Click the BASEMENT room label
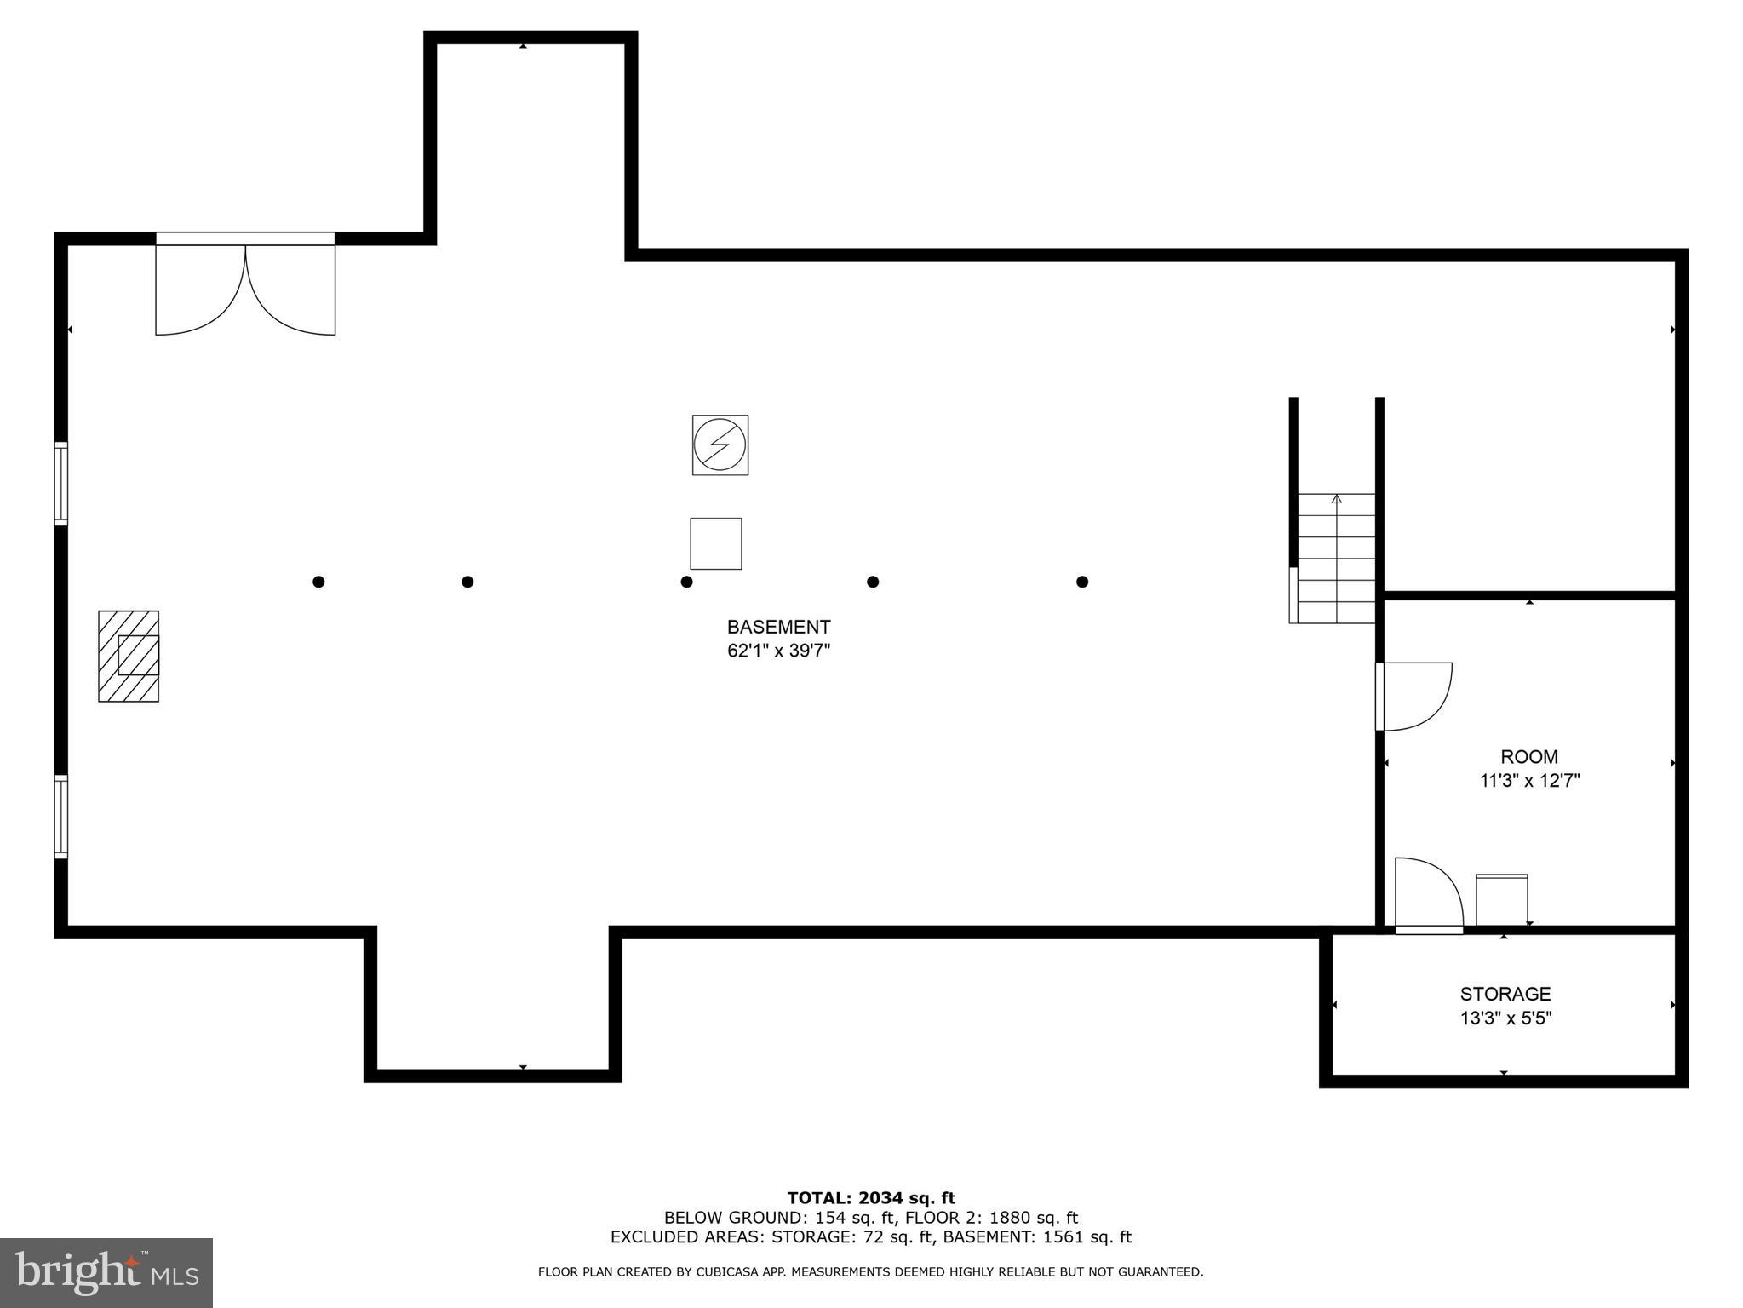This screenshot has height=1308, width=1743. pyautogui.click(x=778, y=627)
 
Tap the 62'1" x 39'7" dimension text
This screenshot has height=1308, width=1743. pyautogui.click(x=778, y=651)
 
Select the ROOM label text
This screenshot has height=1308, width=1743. pyautogui.click(x=1529, y=756)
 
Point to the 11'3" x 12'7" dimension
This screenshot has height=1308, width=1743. pyautogui.click(x=1529, y=781)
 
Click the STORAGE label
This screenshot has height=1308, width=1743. pyautogui.click(x=1505, y=994)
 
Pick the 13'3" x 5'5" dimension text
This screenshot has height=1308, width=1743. pyautogui.click(x=1505, y=1018)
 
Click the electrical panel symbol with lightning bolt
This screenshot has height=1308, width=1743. pyautogui.click(x=720, y=445)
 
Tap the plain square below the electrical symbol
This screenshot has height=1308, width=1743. pyautogui.click(x=715, y=543)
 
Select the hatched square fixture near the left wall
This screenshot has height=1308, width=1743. pyautogui.click(x=129, y=656)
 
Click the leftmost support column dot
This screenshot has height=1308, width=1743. pyautogui.click(x=318, y=582)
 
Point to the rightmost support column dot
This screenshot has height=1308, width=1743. pyautogui.click(x=1082, y=582)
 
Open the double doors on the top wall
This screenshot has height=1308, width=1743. pyautogui.click(x=245, y=285)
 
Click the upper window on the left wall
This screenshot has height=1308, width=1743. pyautogui.click(x=61, y=483)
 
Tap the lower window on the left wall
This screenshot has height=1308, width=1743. pyautogui.click(x=61, y=816)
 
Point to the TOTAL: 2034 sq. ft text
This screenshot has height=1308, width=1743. pyautogui.click(x=870, y=1199)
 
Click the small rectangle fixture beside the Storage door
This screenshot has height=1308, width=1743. pyautogui.click(x=1501, y=900)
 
